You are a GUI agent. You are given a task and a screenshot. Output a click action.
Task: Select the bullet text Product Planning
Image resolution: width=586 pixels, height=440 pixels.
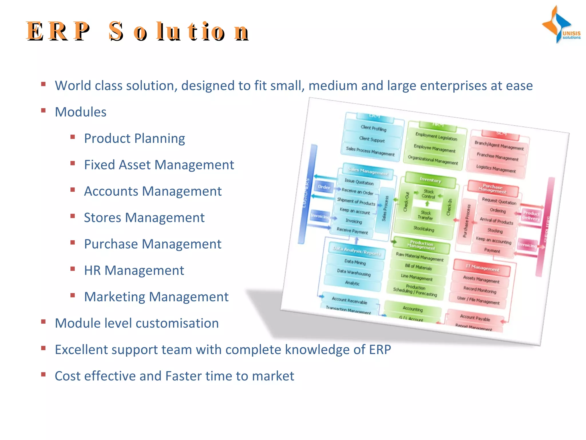134,138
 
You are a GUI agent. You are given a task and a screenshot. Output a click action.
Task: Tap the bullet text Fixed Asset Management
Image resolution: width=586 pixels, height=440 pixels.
159,165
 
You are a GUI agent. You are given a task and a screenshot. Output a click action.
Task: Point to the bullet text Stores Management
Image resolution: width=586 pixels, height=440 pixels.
144,218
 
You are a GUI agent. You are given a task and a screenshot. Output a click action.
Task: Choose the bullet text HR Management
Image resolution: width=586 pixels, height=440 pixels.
134,270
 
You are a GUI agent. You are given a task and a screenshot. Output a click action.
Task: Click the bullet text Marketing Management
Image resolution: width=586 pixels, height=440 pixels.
156,297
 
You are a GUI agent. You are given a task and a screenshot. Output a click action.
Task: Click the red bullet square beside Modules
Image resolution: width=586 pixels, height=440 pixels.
43,111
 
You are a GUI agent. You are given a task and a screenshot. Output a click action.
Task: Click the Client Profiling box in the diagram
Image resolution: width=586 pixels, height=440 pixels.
373,128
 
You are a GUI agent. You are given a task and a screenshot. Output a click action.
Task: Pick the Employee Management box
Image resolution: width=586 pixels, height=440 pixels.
434,148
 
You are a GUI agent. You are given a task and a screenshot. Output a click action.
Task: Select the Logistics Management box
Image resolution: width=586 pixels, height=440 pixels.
496,169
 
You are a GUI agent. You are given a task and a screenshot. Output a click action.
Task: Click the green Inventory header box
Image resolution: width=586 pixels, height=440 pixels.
430,180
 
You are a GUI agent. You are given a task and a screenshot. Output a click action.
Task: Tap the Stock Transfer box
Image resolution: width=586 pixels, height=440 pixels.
425,215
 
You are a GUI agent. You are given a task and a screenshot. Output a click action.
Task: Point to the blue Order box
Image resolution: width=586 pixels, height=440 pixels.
324,187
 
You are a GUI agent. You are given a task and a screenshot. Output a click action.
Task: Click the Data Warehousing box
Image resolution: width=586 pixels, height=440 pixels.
354,272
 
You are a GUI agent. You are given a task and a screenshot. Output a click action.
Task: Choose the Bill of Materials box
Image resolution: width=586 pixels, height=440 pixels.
418,267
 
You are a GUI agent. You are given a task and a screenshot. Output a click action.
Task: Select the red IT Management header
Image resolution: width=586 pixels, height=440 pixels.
482,268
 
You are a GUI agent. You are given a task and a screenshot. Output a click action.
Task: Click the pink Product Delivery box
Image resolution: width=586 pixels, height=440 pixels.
531,216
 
